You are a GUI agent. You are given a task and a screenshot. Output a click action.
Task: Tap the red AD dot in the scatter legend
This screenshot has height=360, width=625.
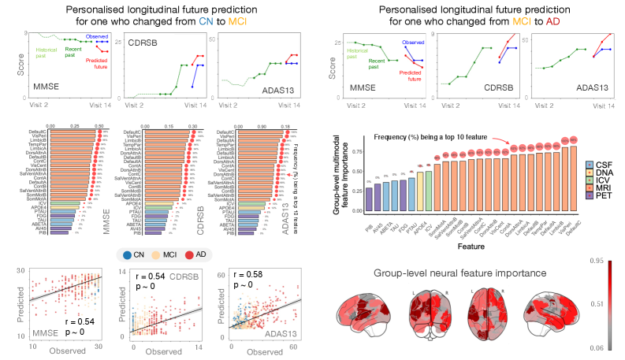(x=192, y=254)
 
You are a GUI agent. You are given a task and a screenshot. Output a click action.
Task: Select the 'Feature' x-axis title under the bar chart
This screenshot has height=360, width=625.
(x=474, y=244)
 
